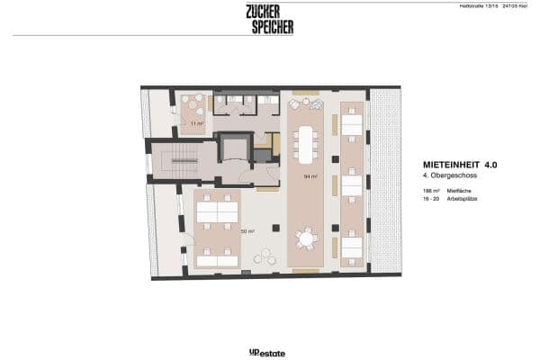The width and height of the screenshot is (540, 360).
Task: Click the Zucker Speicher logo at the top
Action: [x=269, y=19]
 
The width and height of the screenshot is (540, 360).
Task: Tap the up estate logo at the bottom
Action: [x=269, y=353]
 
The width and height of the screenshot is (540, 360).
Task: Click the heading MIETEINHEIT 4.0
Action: [x=459, y=166]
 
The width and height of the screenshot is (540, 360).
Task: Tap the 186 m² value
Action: [x=429, y=193]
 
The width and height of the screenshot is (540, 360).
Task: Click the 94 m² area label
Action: [x=310, y=177]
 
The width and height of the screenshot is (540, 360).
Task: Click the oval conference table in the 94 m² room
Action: [x=307, y=140]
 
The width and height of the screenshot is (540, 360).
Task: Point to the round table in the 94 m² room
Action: [x=308, y=239]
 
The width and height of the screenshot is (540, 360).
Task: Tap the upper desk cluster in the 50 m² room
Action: [x=216, y=211]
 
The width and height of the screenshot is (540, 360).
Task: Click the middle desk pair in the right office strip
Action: [x=351, y=184]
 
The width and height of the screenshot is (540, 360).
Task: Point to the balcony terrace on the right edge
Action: [x=386, y=180]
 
